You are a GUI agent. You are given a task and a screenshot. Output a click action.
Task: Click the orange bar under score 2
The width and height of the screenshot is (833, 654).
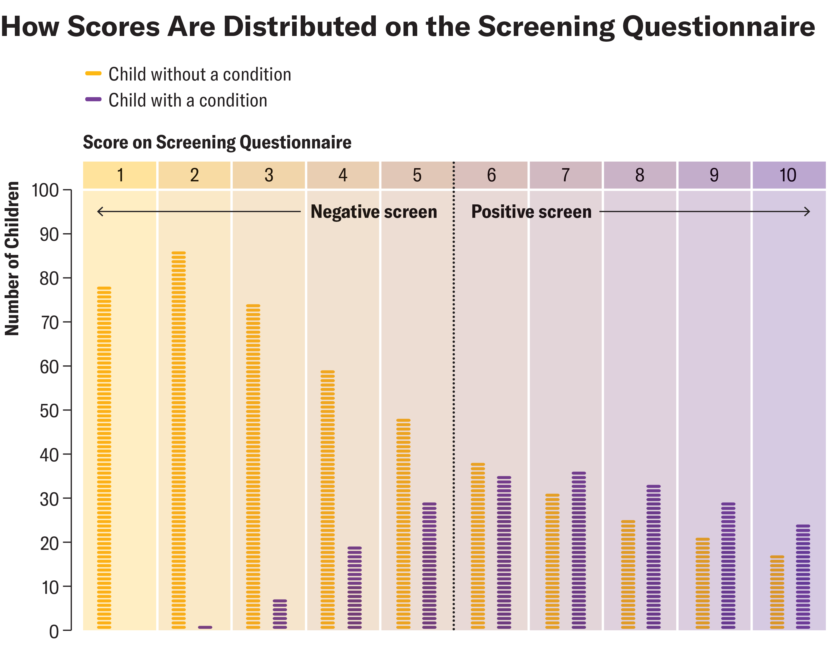(178, 440)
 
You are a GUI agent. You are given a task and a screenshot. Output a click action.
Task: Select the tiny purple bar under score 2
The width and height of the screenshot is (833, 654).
(205, 627)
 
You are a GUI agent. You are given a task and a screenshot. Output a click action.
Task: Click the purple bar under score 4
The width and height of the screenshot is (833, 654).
(355, 588)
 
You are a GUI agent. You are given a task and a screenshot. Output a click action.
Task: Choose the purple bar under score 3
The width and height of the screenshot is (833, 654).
(280, 614)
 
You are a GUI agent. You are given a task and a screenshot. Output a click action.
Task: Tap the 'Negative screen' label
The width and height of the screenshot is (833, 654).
(374, 212)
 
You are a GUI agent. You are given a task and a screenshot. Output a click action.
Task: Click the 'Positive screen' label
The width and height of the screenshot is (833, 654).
(531, 212)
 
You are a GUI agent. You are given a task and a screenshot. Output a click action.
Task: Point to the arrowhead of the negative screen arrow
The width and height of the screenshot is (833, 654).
(100, 211)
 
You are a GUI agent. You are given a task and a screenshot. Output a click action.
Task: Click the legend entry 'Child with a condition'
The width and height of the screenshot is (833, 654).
(187, 100)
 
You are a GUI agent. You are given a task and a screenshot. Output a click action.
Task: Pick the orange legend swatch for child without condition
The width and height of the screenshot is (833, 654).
(93, 74)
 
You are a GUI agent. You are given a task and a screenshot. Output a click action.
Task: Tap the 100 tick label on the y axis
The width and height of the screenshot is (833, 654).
(45, 190)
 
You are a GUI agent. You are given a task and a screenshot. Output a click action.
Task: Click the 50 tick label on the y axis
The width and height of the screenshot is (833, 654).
(49, 411)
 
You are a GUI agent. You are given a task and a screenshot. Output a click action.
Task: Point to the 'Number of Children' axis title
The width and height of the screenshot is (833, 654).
(12, 258)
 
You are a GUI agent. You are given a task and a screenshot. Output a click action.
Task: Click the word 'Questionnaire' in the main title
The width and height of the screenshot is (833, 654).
(718, 27)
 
